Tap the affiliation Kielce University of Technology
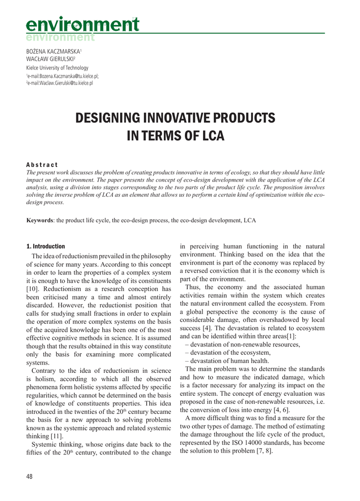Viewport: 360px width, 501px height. tap(57, 68)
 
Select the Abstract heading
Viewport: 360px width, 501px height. tap(42, 165)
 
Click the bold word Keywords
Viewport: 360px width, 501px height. tap(40, 221)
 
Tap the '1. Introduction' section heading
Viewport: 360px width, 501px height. tap(45, 247)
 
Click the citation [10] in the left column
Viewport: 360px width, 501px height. tap(33, 289)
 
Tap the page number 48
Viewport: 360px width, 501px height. tap(29, 477)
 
